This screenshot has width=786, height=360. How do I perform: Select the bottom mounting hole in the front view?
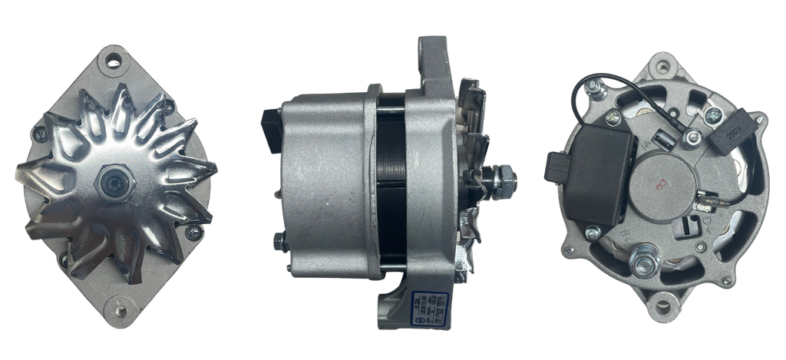point(121,312)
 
